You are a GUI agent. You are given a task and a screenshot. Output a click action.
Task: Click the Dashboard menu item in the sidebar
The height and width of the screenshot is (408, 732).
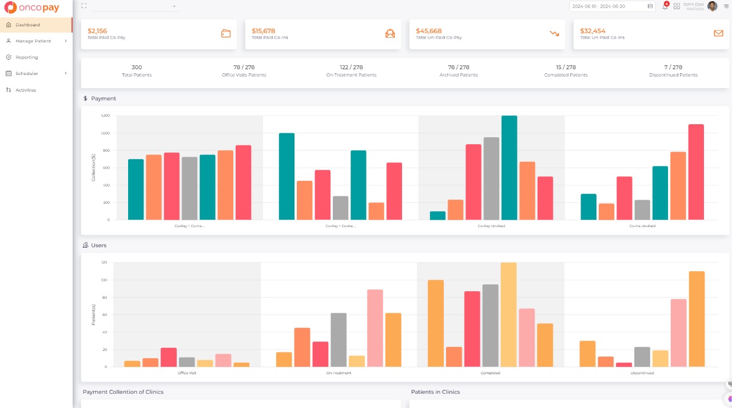tap(27, 25)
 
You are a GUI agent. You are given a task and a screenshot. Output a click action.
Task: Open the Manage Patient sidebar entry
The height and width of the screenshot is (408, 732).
tap(33, 41)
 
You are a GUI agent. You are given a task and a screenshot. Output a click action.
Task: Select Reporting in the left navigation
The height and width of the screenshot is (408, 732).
tap(27, 57)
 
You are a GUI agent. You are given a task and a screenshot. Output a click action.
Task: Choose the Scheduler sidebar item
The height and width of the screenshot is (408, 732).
tap(27, 73)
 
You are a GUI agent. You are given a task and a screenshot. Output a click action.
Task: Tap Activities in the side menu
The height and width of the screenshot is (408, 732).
tap(26, 90)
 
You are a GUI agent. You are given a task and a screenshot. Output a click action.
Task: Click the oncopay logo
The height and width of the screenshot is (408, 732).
tap(32, 8)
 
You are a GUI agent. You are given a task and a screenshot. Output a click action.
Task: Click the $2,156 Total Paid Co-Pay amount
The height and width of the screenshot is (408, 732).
tap(97, 31)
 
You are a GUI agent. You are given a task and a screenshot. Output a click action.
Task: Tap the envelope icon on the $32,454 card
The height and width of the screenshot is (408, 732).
tap(718, 33)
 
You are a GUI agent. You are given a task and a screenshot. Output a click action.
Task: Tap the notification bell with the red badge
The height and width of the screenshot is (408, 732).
tap(665, 6)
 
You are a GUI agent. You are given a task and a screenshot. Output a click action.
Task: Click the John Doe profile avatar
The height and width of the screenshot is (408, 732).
tap(712, 6)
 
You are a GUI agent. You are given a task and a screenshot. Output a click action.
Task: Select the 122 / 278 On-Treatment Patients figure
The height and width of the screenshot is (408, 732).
tap(351, 68)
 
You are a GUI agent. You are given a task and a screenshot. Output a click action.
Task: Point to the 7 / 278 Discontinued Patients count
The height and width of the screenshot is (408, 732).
tap(673, 68)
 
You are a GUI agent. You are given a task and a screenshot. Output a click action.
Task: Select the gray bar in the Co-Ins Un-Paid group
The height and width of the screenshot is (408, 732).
tap(642, 210)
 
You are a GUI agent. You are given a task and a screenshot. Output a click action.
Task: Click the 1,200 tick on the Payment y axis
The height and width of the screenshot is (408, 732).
tap(105, 116)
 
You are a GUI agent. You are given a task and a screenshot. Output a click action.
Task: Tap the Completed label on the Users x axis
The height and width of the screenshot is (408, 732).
tap(491, 373)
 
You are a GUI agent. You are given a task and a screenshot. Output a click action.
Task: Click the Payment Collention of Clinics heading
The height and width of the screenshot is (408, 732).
tap(123, 392)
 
